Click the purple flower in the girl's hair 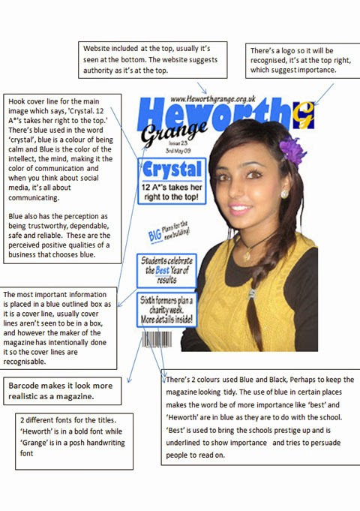point(292,150)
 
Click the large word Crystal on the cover point(172,168)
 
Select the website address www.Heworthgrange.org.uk point(213,98)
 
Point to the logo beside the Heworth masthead point(304,115)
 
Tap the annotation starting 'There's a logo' point(297,60)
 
